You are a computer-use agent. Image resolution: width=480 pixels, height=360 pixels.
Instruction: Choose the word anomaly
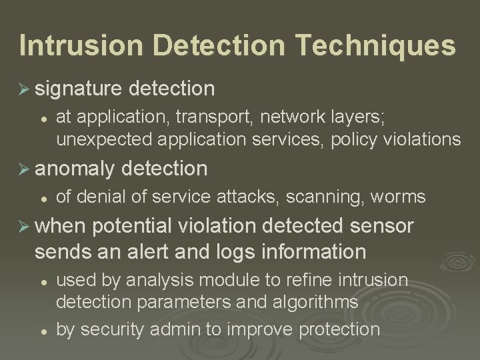(x=78, y=169)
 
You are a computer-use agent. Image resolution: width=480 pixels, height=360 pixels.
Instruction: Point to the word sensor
(x=379, y=227)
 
